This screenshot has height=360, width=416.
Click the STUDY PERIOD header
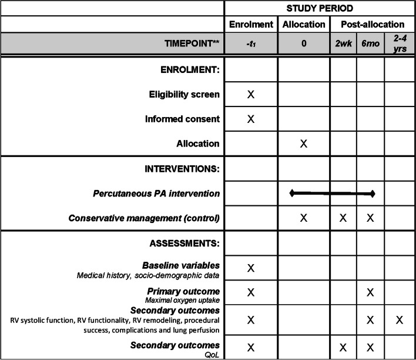320,8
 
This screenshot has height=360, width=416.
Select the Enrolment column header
251,25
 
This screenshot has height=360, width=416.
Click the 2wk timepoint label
343,43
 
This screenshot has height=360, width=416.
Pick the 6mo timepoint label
370,43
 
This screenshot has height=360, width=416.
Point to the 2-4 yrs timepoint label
399,43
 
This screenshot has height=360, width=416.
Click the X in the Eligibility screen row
251,94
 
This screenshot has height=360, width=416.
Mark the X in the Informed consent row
251,119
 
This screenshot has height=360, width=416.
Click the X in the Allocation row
303,144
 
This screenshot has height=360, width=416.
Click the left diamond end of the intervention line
291,192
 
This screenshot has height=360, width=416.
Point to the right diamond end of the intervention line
373,194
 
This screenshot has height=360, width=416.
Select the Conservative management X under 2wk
343,218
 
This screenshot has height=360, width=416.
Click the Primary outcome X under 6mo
370,292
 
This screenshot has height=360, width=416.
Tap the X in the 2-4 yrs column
399,320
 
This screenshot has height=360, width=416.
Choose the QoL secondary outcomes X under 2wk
343,348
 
